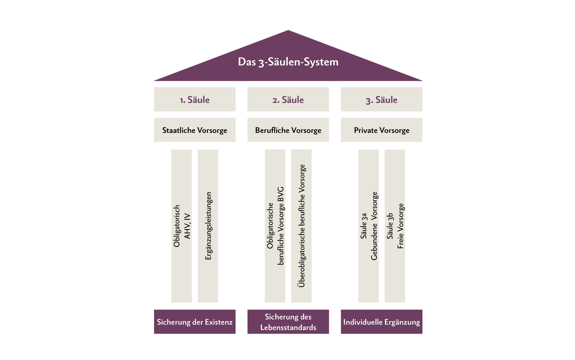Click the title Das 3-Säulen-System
[288, 62]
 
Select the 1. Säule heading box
[195, 99]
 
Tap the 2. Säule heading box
[288, 99]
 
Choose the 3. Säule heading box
[381, 99]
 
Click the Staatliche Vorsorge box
[195, 130]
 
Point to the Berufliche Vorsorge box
[288, 130]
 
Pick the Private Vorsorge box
[381, 130]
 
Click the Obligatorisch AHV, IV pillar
[181, 226]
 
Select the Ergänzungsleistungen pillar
[208, 226]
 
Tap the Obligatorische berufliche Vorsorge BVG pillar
[275, 226]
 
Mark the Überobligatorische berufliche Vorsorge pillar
[301, 226]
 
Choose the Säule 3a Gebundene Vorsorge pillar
[368, 226]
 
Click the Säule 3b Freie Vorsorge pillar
[395, 226]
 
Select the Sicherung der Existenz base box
[195, 322]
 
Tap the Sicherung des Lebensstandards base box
[288, 322]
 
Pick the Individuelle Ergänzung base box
[381, 322]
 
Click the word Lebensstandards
[288, 327]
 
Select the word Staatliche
[178, 130]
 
